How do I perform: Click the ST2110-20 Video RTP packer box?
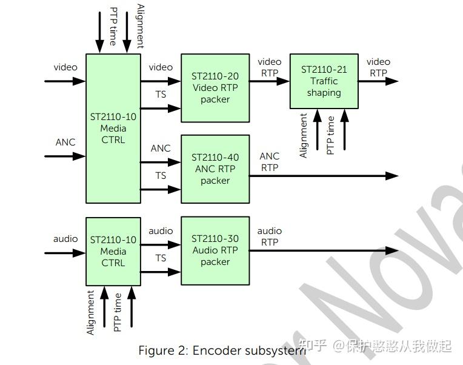point(215,88)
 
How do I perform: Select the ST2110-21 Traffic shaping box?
point(324,81)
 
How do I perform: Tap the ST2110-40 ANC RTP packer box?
point(215,169)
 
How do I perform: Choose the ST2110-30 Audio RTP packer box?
point(215,250)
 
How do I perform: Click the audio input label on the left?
point(65,239)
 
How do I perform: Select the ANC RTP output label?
point(270,162)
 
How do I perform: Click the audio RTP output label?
point(270,236)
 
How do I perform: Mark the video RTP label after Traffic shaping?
point(378,67)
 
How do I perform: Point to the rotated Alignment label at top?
point(141,25)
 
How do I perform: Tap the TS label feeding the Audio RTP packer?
point(161,258)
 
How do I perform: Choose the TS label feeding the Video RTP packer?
point(161,95)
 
